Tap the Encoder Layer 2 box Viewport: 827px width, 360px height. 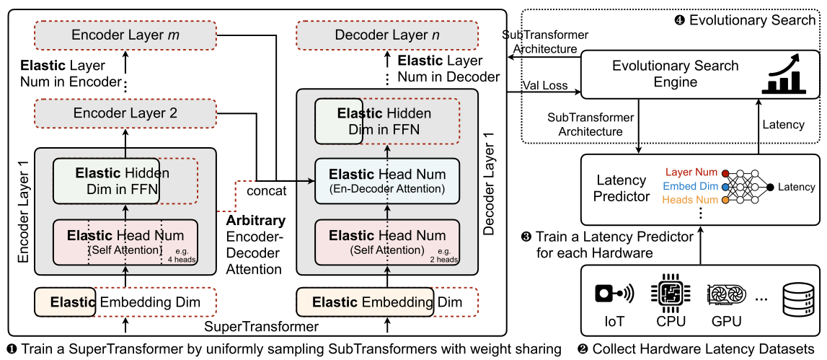pyautogui.click(x=125, y=113)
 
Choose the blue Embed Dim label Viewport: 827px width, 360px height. pyautogui.click(x=691, y=186)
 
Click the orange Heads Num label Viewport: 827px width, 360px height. pyautogui.click(x=691, y=199)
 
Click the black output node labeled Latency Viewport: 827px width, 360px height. pyautogui.click(x=770, y=187)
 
